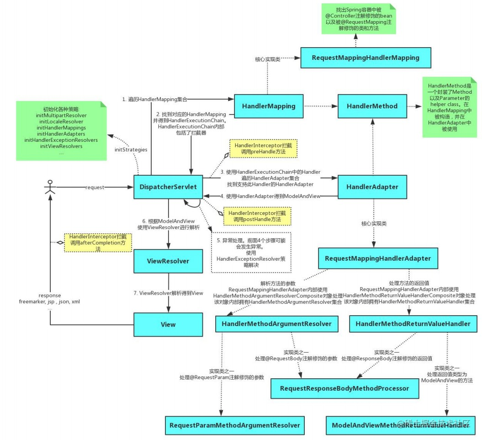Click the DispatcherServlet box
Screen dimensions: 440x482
(168, 187)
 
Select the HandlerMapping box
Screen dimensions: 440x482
(269, 106)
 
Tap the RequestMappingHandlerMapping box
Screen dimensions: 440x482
(365, 58)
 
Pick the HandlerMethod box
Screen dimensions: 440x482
(372, 106)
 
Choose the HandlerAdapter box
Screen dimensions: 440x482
(372, 187)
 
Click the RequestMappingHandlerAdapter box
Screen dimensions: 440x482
(378, 258)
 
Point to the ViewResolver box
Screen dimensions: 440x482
(168, 261)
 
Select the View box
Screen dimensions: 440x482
(168, 324)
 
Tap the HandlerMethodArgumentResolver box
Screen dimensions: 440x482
(276, 324)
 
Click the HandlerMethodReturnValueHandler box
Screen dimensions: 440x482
(413, 324)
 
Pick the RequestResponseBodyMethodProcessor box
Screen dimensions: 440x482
(344, 388)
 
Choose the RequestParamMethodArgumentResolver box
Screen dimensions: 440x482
(235, 425)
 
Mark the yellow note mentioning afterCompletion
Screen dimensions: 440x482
(98, 242)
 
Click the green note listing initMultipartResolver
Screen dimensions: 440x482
(61, 130)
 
